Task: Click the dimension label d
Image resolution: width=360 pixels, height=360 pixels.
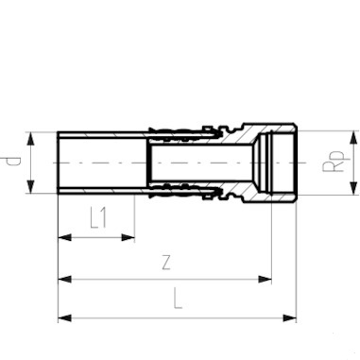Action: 14,162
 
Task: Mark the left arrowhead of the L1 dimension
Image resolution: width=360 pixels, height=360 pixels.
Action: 63,237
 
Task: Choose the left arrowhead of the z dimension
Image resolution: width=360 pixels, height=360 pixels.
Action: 63,280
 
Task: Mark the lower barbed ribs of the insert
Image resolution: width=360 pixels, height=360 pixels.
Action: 189,189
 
